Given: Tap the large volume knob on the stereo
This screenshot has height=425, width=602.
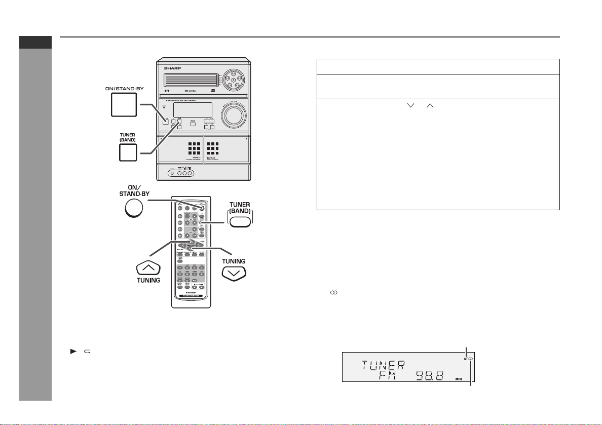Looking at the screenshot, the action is pyautogui.click(x=234, y=115).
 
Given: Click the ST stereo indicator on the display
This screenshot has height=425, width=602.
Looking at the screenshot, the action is pyautogui.click(x=465, y=359).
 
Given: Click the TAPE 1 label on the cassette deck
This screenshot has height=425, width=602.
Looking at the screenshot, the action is pyautogui.click(x=191, y=158).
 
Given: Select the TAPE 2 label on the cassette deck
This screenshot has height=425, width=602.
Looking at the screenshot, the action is pyautogui.click(x=214, y=158).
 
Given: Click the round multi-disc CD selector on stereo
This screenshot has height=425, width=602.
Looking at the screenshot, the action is pyautogui.click(x=233, y=79).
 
